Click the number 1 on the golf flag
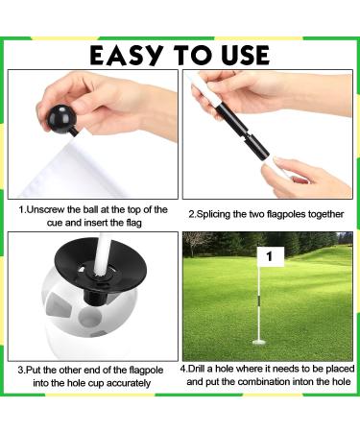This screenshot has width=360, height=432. [x=270, y=256]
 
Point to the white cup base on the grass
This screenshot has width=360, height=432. [x=259, y=341]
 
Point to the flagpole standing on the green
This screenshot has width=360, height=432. [x=259, y=307]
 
